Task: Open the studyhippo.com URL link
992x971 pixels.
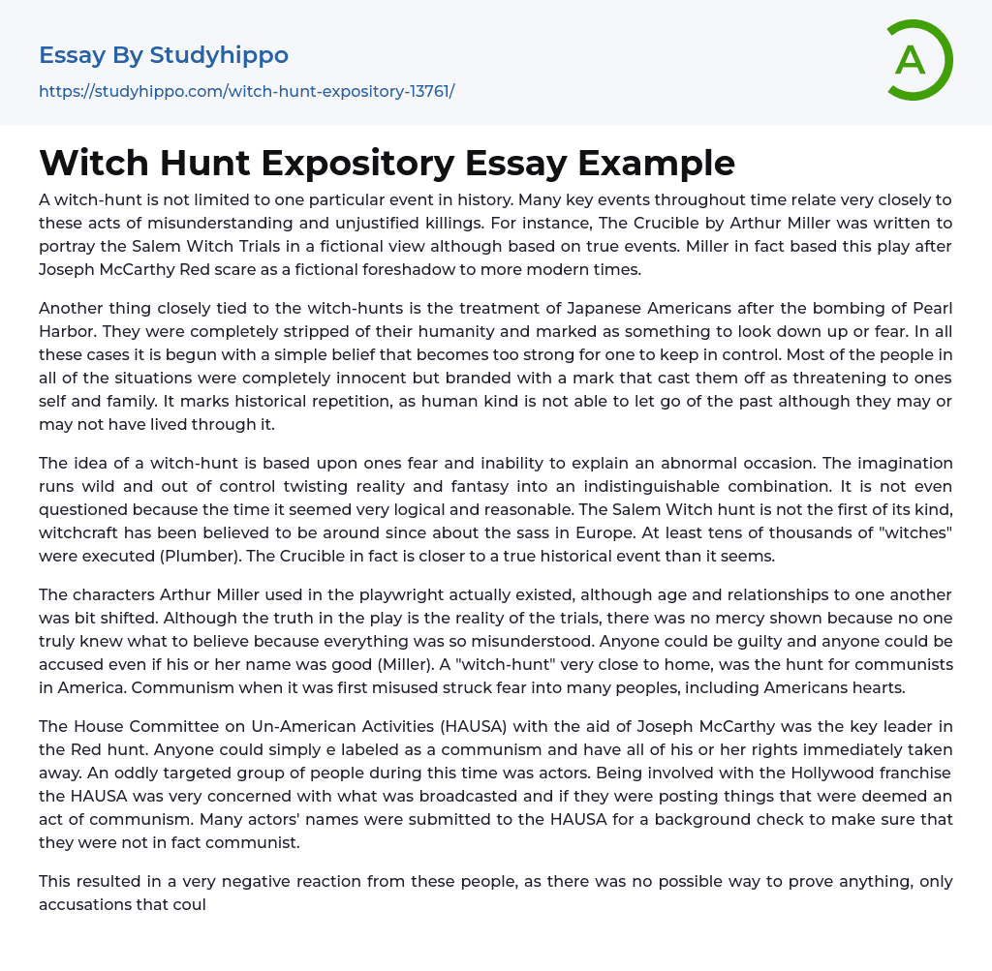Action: coord(246,91)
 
